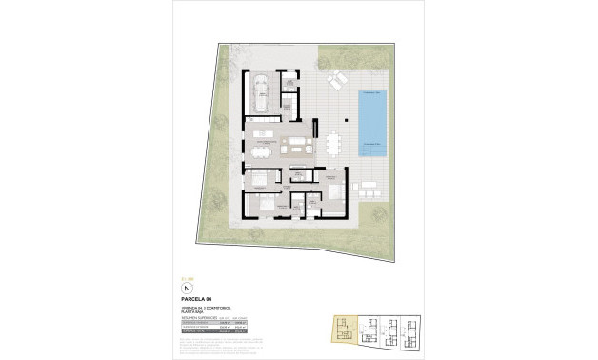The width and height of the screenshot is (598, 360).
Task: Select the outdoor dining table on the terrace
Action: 332,144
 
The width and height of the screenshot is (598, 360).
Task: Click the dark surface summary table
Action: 220,327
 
